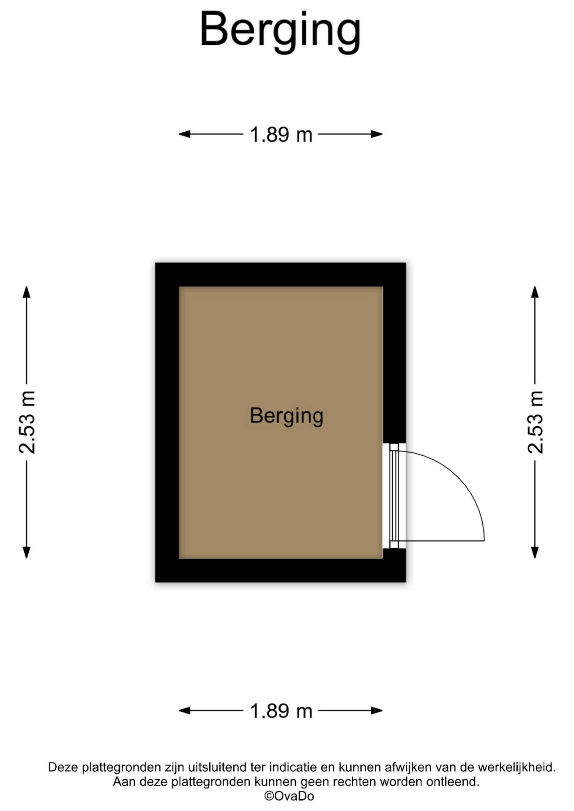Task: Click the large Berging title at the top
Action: click(280, 30)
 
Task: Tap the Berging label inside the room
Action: click(287, 416)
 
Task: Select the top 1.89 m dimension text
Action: click(281, 135)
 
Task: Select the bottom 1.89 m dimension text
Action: click(281, 711)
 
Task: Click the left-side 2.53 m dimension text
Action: click(27, 422)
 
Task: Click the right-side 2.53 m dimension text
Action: click(535, 422)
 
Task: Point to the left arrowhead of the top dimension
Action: click(185, 134)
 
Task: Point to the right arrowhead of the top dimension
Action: click(377, 134)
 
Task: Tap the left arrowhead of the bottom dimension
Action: click(185, 710)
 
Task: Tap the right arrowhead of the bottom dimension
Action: click(377, 710)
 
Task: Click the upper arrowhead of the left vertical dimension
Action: click(27, 292)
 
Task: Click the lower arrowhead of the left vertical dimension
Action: click(27, 552)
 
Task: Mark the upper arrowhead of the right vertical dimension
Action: click(535, 292)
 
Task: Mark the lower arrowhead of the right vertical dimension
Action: click(535, 552)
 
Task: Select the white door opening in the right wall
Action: click(394, 496)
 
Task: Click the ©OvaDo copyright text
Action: click(289, 796)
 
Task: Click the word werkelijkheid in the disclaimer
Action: click(517, 767)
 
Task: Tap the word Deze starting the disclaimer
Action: click(63, 767)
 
